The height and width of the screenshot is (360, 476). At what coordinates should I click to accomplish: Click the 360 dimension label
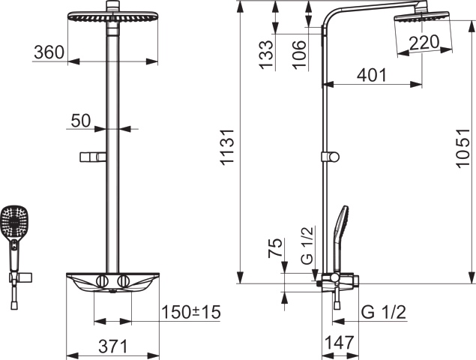[x=49, y=52]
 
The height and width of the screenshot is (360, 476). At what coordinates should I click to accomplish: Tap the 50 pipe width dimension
[x=81, y=120]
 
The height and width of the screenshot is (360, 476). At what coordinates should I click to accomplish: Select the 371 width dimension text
[x=113, y=346]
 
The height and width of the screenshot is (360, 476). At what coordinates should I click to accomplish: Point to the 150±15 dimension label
[x=191, y=312]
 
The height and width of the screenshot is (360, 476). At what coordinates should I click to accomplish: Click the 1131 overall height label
[x=227, y=147]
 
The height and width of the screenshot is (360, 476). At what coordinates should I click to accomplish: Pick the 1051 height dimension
[x=463, y=148]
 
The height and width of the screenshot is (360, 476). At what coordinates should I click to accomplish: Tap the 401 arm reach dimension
[x=372, y=75]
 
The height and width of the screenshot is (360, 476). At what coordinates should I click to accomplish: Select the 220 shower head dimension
[x=424, y=42]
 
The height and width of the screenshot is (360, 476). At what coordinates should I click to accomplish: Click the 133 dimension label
[x=267, y=55]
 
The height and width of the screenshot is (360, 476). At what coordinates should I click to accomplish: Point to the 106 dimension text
[x=299, y=55]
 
